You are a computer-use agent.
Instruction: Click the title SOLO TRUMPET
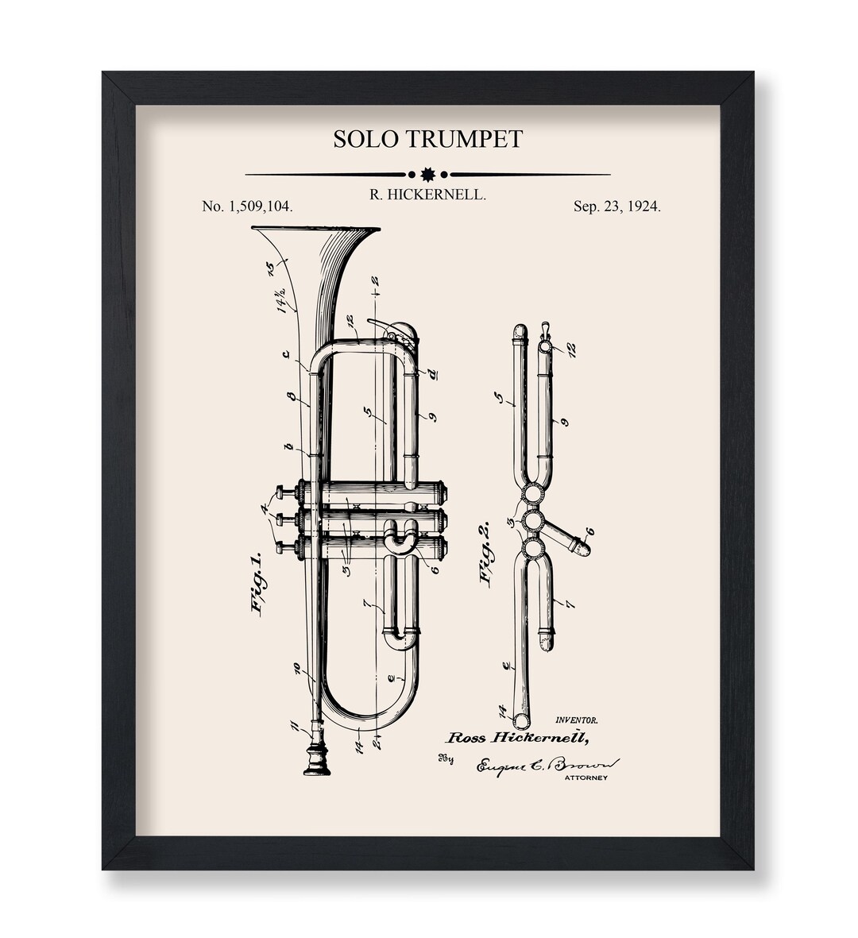pyautogui.click(x=427, y=139)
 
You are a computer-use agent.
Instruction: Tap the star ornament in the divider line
pyautogui.click(x=428, y=174)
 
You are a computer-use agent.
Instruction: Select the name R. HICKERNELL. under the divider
pyautogui.click(x=427, y=195)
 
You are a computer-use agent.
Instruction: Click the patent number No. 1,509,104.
pyautogui.click(x=247, y=207)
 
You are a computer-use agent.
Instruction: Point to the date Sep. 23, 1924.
pyautogui.click(x=616, y=207)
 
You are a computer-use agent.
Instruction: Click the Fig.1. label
pyautogui.click(x=258, y=584)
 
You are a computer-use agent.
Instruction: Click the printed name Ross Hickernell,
pyautogui.click(x=518, y=737)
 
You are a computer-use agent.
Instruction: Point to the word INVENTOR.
pyautogui.click(x=578, y=720)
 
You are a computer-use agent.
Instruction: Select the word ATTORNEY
pyautogui.click(x=585, y=778)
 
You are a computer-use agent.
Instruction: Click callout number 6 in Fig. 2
pyautogui.click(x=589, y=531)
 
